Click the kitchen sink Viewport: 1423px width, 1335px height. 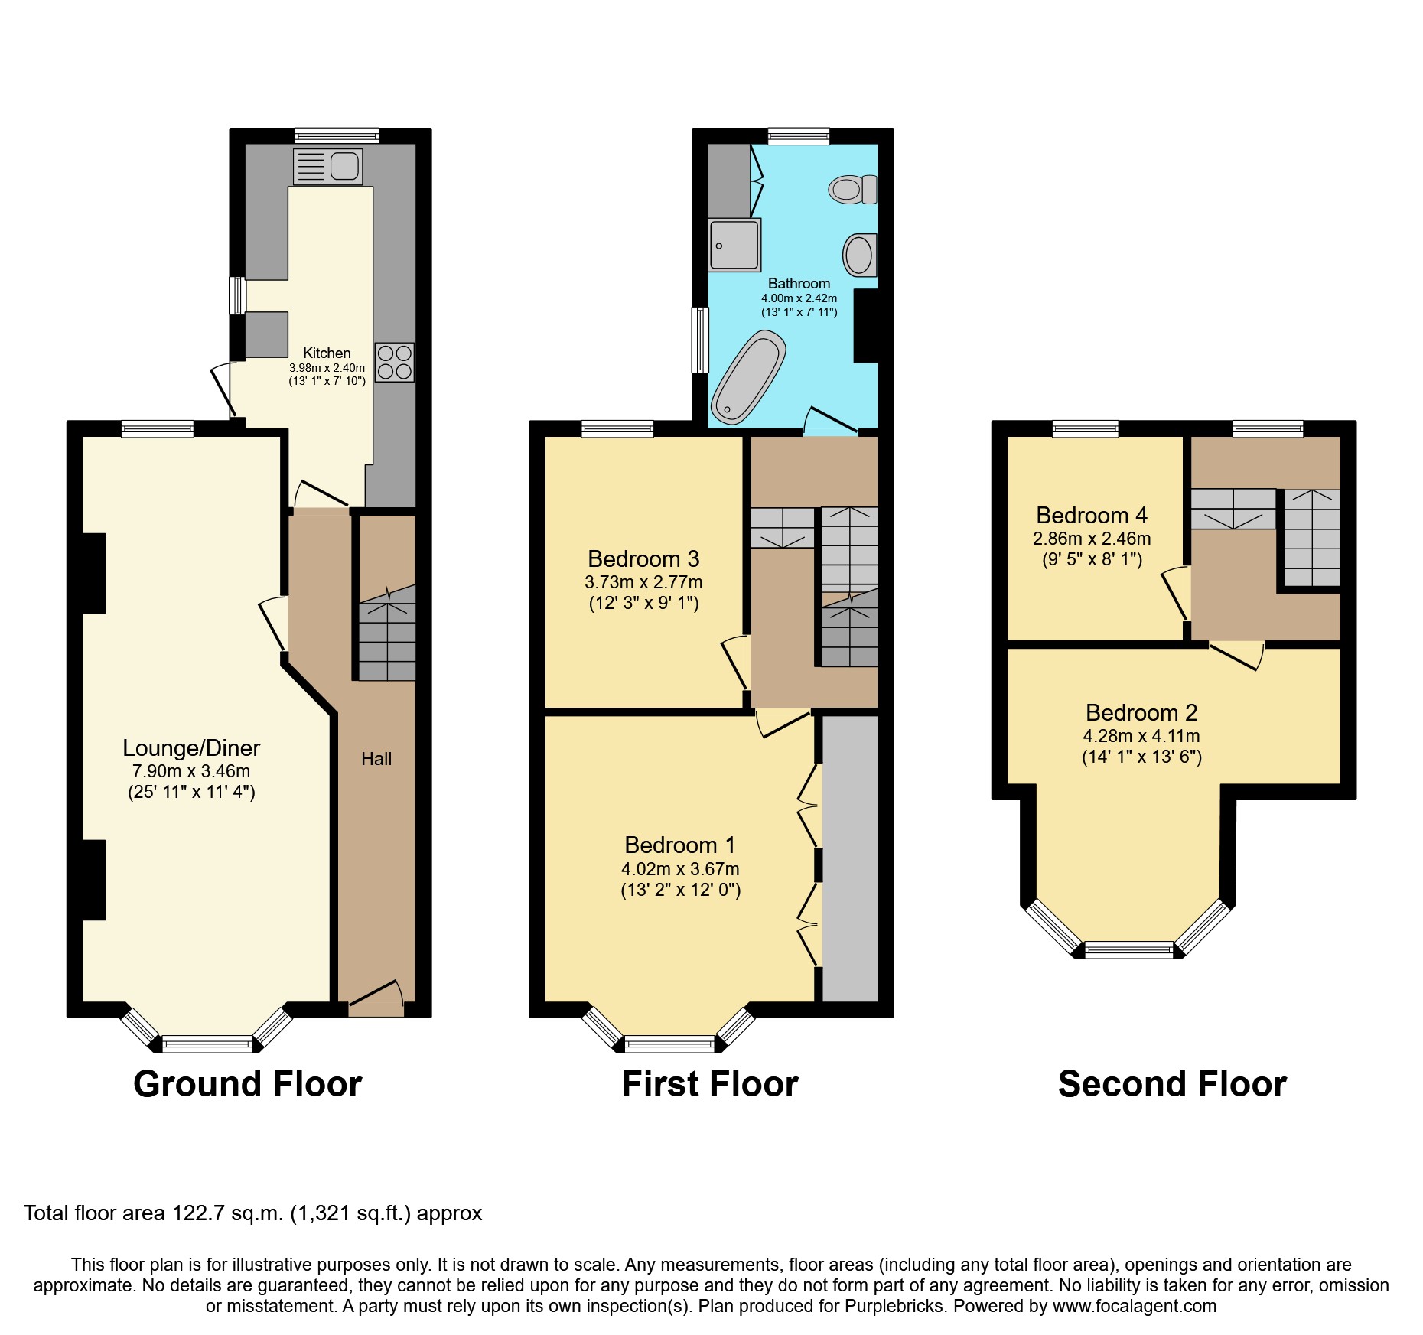pos(327,166)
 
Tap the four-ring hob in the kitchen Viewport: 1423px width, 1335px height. pos(395,363)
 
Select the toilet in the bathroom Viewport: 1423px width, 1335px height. pos(853,189)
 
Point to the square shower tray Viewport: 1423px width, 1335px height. pos(734,245)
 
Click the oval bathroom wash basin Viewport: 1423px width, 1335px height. pos(859,255)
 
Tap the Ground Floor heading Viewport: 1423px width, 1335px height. pos(247,1084)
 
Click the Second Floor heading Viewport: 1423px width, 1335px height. pos(1172,1084)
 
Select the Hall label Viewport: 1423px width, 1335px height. pos(376,759)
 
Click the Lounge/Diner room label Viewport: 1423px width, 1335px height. pos(191,747)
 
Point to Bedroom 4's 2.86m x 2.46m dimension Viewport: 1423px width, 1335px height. pos(1092,539)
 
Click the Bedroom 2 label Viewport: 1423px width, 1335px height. pos(1141,712)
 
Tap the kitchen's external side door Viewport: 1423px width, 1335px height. pos(222,390)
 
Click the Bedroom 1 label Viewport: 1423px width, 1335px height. pos(679,845)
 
